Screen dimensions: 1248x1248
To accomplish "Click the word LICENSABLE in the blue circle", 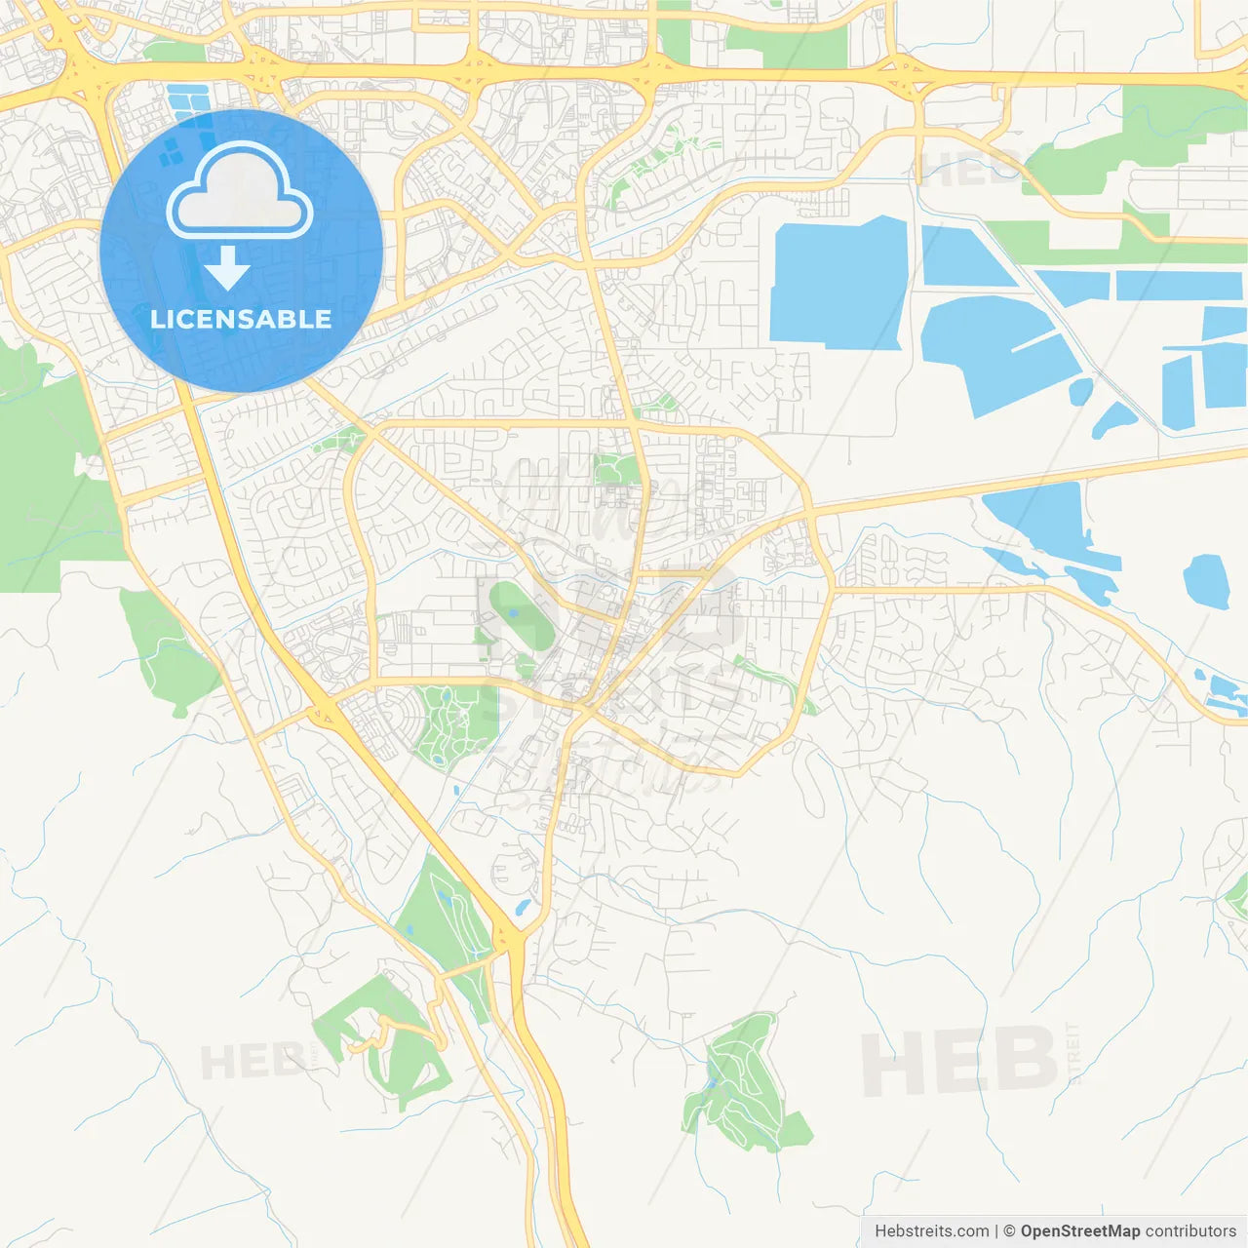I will [241, 319].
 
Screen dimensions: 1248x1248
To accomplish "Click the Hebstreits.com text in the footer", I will [931, 1231].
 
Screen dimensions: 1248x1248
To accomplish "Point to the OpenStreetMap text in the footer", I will [1079, 1231].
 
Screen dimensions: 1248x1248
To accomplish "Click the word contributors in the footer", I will [1189, 1231].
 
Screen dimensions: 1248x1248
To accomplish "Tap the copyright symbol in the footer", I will [1009, 1231].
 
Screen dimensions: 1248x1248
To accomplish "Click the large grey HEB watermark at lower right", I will [960, 1061].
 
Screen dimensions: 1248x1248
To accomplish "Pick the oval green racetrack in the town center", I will [521, 614].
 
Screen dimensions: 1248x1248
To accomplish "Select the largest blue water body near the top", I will [838, 283].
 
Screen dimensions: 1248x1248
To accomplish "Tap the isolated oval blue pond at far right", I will [1206, 581].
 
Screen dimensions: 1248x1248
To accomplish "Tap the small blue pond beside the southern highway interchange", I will [522, 908].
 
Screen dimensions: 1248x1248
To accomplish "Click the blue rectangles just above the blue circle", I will [188, 101].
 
